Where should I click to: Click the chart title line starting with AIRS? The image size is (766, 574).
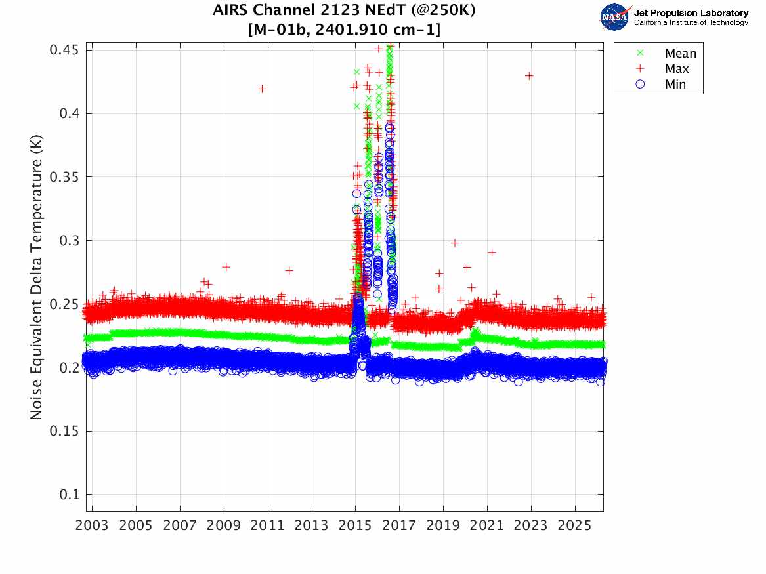point(344,11)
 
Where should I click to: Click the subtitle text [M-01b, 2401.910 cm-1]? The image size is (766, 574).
point(344,30)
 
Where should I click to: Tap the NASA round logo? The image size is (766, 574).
point(614,16)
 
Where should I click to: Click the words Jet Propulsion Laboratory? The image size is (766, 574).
point(691,13)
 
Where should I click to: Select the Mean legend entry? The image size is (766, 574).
point(680,54)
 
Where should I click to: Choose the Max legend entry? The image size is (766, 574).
point(677,69)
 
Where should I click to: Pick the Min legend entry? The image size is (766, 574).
point(675,84)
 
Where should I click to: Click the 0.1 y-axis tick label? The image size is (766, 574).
point(68,495)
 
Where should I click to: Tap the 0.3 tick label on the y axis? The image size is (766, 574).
point(68,241)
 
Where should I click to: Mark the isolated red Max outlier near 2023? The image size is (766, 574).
point(529,76)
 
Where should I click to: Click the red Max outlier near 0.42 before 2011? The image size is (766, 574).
point(262,89)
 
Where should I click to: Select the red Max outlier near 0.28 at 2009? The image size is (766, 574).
point(226,267)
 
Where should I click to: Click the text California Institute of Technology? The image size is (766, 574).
point(691,23)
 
